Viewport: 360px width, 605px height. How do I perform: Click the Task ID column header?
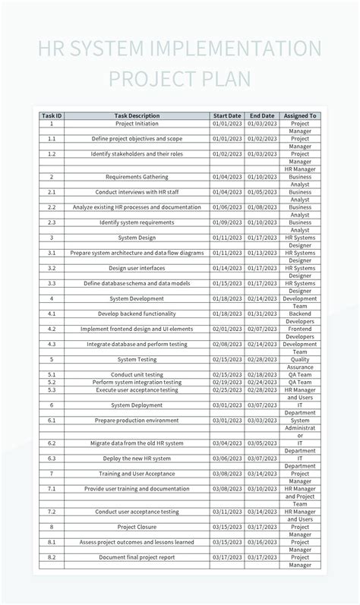(52, 116)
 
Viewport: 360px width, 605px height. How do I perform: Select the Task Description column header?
(137, 116)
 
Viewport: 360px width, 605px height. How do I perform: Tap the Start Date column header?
(227, 116)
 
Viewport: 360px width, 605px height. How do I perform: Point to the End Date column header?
(262, 116)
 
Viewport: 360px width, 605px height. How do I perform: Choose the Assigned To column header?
(300, 116)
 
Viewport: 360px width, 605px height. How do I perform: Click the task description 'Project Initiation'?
(137, 124)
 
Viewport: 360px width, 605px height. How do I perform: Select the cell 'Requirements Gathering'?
(137, 177)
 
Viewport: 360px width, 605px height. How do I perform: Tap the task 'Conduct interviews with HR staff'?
(137, 192)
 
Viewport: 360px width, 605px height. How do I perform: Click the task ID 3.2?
(52, 268)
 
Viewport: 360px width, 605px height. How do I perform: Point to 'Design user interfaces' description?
(137, 268)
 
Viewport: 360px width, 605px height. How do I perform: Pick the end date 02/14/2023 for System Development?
(262, 298)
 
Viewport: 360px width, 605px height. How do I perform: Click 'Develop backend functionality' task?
(137, 314)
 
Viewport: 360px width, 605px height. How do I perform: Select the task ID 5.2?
(52, 383)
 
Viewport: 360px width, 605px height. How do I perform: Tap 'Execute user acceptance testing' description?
(137, 390)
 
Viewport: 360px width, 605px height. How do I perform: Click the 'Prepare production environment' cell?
(137, 420)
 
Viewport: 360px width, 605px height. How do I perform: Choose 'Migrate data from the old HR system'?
(137, 443)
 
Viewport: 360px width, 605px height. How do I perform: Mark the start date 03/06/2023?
(227, 458)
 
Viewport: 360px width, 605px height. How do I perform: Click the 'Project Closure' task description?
(137, 526)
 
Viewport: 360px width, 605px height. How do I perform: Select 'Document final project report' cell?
(137, 556)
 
